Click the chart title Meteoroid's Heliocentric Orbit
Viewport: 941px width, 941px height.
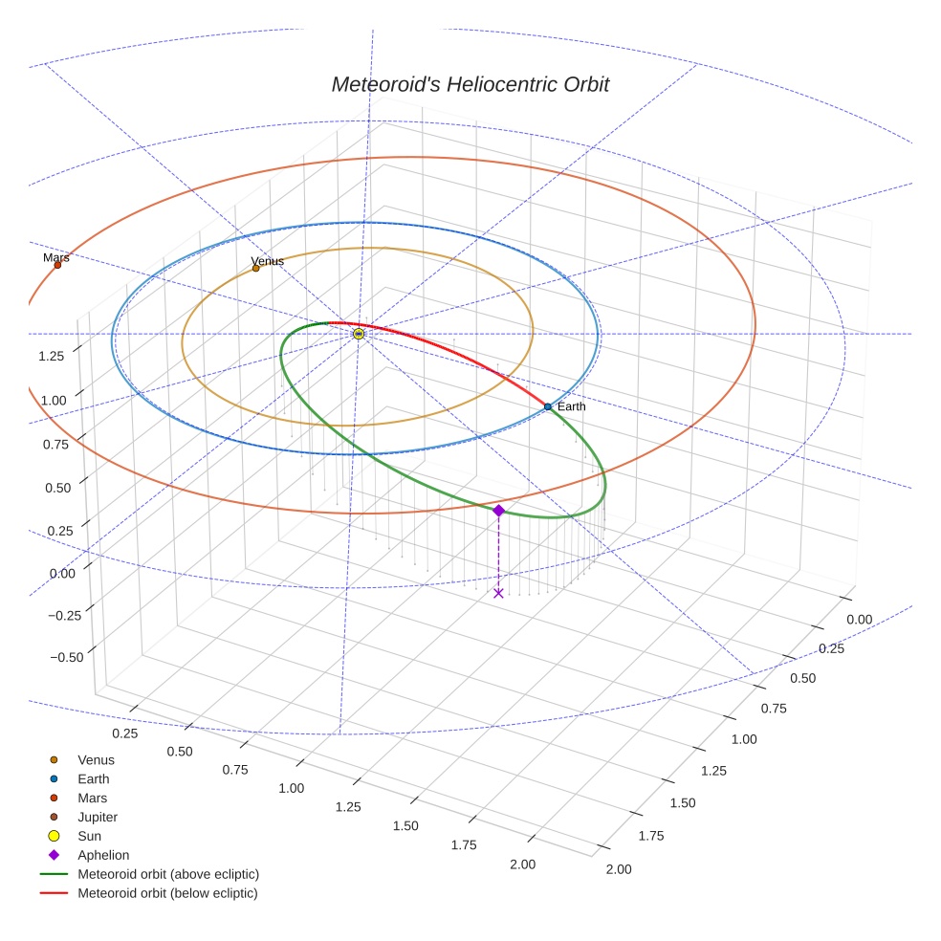point(470,84)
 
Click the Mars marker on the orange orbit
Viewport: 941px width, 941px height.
point(57,265)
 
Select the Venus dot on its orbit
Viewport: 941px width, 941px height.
point(255,268)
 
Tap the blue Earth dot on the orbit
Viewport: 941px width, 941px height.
point(548,406)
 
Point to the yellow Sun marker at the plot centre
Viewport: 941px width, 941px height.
point(359,334)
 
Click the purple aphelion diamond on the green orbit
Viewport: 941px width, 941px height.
point(498,511)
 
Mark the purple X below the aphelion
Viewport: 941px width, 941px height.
point(498,593)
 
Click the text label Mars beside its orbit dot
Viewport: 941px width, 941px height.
point(56,257)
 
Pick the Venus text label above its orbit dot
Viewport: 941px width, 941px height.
point(268,260)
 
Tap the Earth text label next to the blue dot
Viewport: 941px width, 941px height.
point(572,406)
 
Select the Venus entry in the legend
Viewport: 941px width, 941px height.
point(96,759)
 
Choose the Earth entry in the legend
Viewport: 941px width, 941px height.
point(94,778)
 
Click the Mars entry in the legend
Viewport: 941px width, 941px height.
point(92,798)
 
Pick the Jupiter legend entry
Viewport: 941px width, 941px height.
point(98,817)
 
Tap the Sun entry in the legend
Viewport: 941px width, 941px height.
point(89,836)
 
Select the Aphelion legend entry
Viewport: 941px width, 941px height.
point(103,855)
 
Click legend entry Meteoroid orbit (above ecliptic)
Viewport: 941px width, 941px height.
point(168,874)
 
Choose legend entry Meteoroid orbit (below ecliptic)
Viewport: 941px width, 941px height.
point(167,893)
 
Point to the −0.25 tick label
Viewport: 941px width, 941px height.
point(64,615)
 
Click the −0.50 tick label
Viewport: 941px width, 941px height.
point(64,656)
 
